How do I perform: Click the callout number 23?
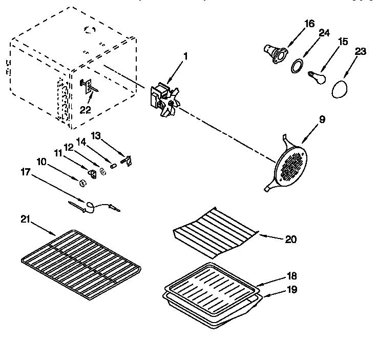tap(361, 51)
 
